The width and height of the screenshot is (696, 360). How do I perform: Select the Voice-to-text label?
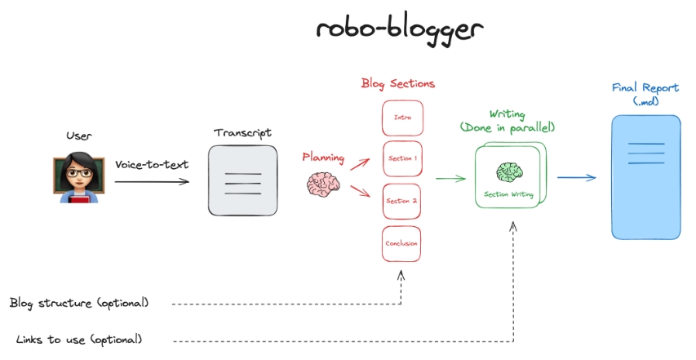[x=151, y=164]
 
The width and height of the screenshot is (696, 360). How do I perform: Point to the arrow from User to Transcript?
[x=151, y=181]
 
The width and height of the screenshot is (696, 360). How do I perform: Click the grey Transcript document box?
[x=242, y=180]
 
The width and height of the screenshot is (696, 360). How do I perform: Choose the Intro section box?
[x=402, y=118]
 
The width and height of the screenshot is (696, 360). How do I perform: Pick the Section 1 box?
[x=402, y=158]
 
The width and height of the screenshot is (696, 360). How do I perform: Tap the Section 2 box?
[x=402, y=201]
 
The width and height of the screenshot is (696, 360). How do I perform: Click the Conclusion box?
[x=402, y=242]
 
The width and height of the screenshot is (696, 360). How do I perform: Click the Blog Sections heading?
[x=398, y=83]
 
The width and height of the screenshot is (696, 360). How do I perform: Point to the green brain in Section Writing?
[x=509, y=172]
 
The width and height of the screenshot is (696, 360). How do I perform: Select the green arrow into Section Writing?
[x=450, y=178]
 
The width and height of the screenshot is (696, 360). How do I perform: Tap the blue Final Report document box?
[x=645, y=177]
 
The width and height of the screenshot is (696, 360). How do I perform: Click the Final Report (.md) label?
[x=645, y=94]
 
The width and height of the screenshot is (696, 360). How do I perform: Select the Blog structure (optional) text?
[x=79, y=303]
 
